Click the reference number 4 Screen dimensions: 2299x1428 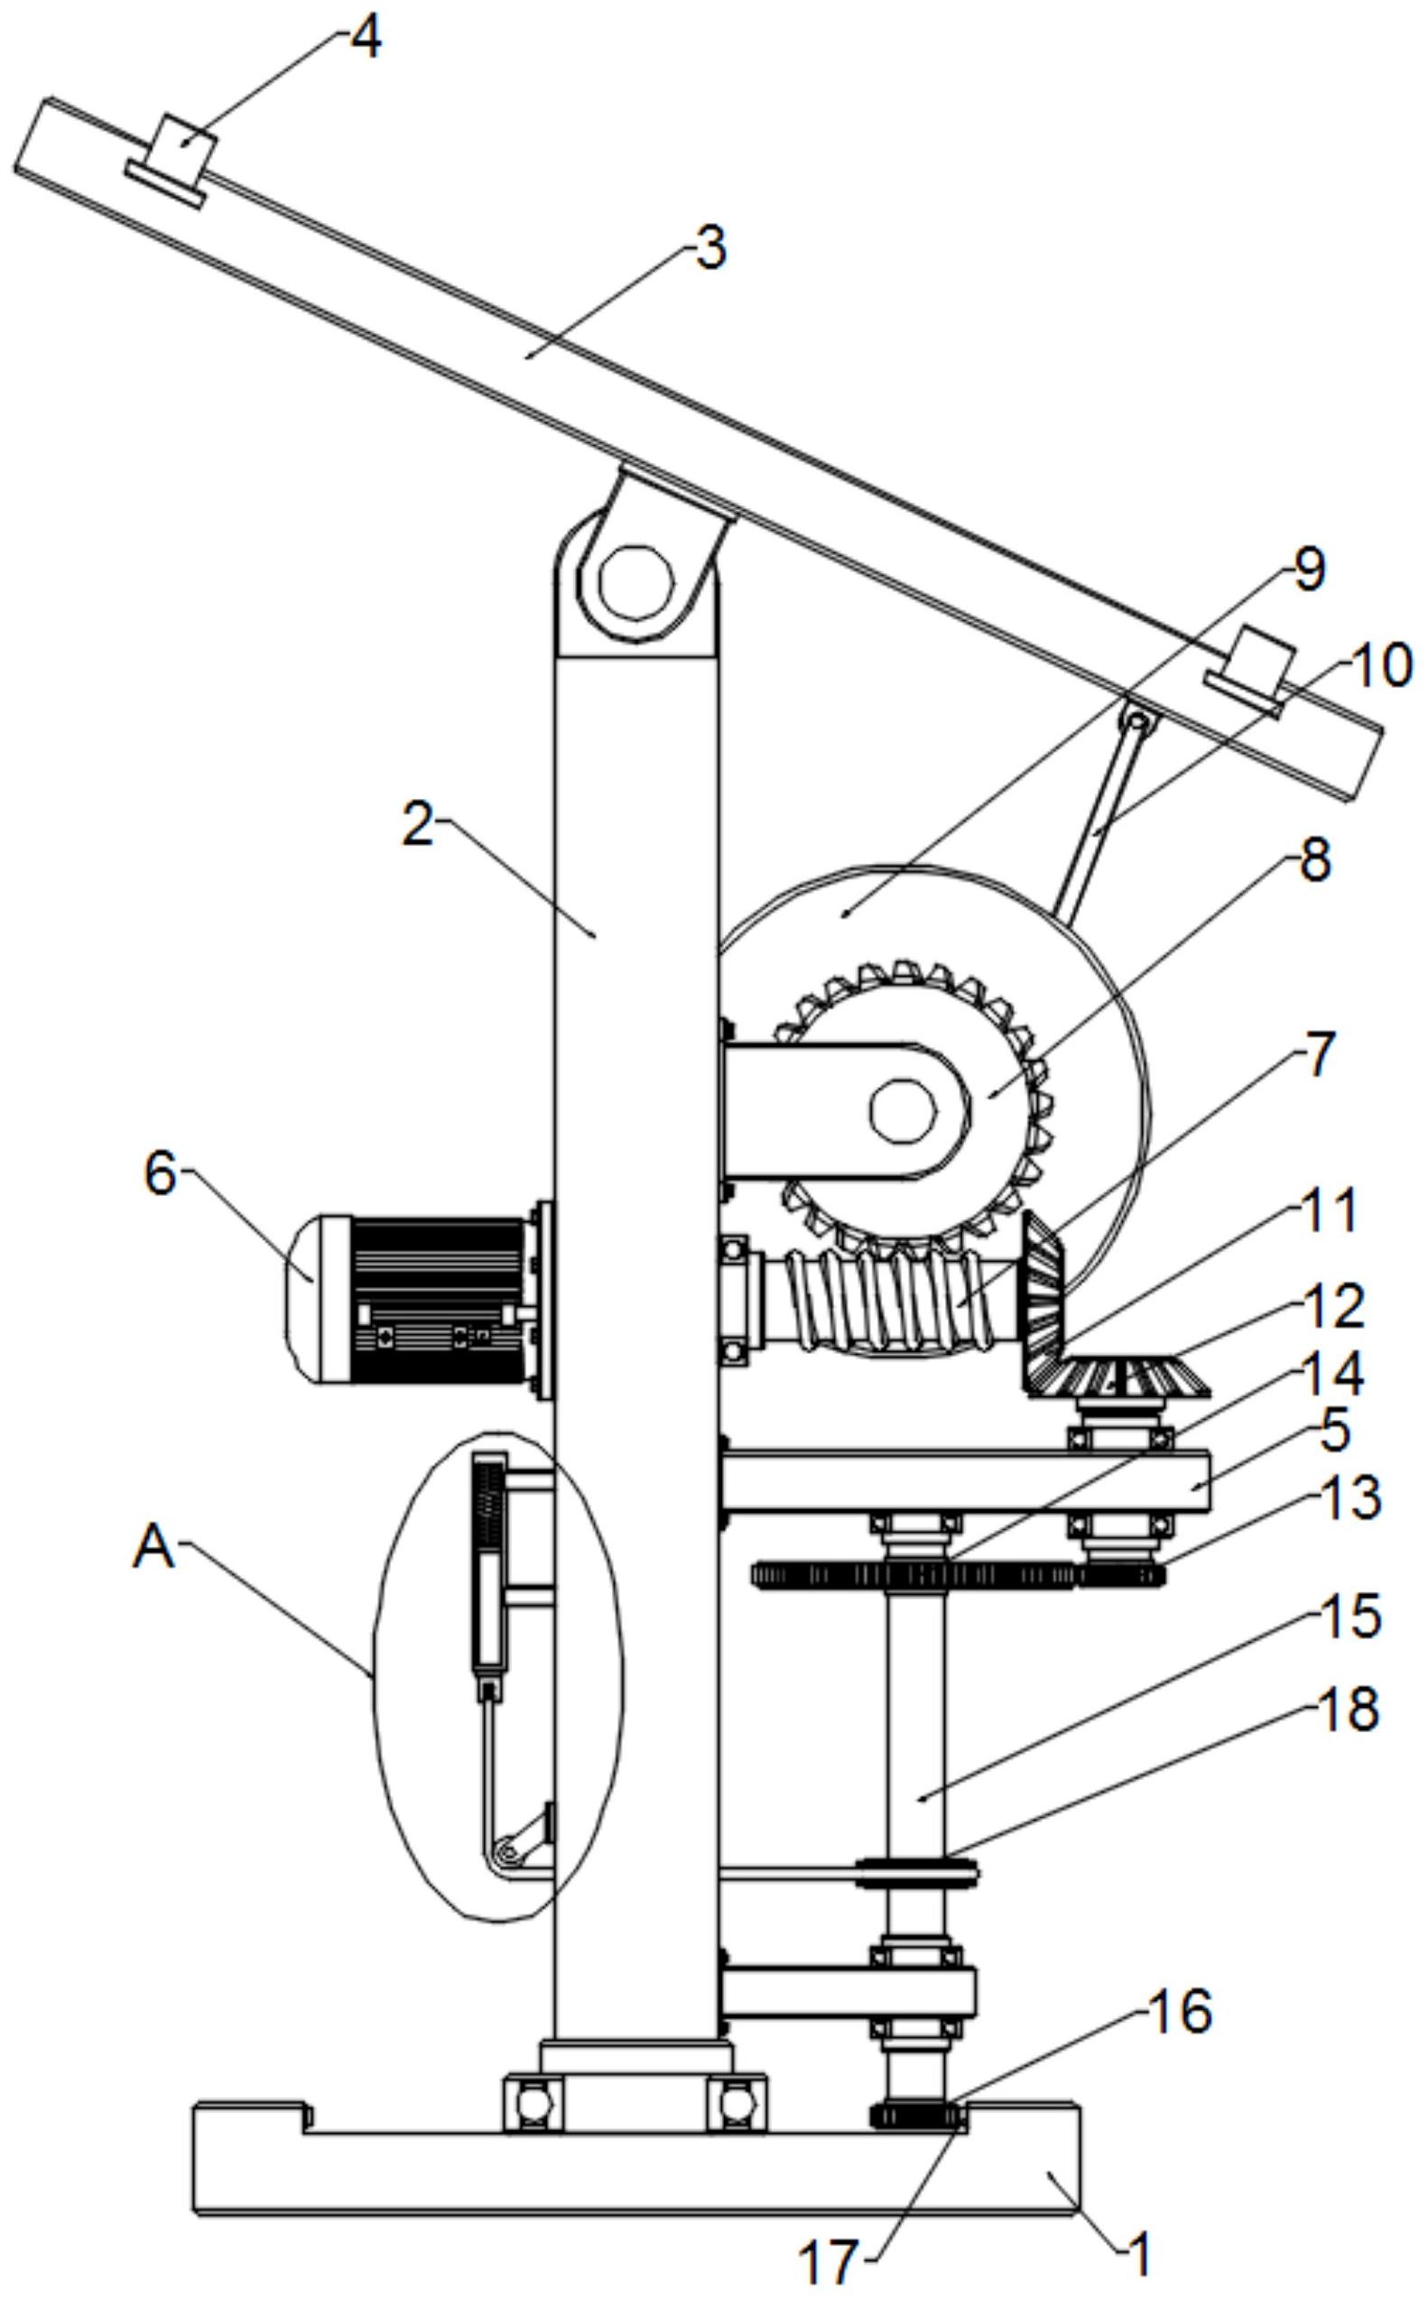tap(366, 39)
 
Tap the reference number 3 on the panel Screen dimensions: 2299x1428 tap(710, 248)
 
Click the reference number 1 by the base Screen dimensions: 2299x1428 tap(1140, 2256)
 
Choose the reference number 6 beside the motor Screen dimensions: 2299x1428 tap(160, 1173)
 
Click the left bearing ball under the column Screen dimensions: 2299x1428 tap(533, 2102)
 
